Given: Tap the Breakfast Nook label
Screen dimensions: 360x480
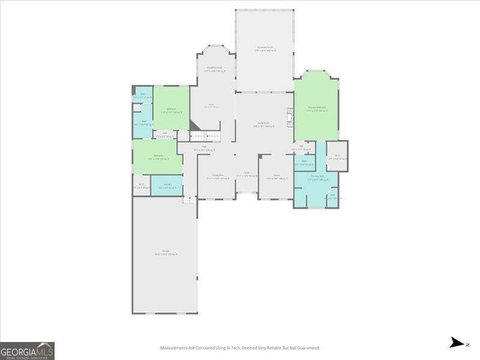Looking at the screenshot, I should pyautogui.click(x=215, y=69).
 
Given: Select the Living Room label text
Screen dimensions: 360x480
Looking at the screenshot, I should pyautogui.click(x=263, y=125).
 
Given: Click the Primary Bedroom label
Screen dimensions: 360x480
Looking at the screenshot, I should pyautogui.click(x=316, y=109).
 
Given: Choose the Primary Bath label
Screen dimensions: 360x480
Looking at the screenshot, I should pyautogui.click(x=316, y=178).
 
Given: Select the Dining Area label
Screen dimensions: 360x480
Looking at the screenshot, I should pyautogui.click(x=215, y=177).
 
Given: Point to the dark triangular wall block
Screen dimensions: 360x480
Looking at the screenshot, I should pyautogui.click(x=195, y=125).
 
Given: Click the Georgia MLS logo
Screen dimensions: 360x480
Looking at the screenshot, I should pyautogui.click(x=27, y=350).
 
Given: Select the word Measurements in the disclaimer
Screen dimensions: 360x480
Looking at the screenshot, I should pyautogui.click(x=175, y=348).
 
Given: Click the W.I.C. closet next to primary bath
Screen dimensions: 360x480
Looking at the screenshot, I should pyautogui.click(x=337, y=157).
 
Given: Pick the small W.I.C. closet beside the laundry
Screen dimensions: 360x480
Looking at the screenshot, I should pyautogui.click(x=141, y=185).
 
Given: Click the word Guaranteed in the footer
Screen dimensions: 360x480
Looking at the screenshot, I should pyautogui.click(x=307, y=348).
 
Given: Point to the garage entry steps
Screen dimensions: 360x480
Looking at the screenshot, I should pyautogui.click(x=190, y=199).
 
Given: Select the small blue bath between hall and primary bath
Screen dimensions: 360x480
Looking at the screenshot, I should pyautogui.click(x=304, y=163).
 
